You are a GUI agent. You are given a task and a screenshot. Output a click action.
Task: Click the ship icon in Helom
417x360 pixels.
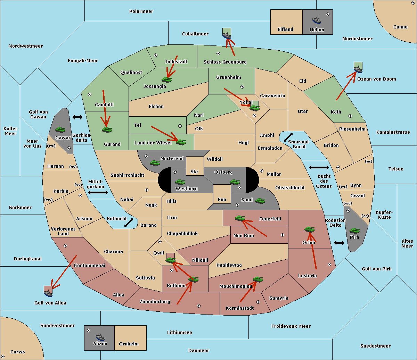317,20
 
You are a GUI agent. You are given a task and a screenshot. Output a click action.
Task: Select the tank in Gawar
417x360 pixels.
60,129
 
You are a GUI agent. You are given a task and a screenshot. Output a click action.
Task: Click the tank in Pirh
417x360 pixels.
354,231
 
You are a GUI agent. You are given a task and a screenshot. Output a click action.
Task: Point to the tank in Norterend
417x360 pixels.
155,163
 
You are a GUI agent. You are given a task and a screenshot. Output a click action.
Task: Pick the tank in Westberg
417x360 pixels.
180,182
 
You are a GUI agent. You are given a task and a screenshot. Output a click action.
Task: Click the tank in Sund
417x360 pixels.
260,201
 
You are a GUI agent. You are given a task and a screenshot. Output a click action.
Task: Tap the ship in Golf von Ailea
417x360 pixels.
48,293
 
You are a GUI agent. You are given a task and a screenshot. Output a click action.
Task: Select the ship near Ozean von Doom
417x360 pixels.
358,69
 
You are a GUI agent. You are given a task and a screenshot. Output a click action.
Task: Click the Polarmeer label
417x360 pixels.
141,11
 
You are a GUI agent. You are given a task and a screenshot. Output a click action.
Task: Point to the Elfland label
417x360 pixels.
285,30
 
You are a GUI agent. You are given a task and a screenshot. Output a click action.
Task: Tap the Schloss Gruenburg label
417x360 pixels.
225,62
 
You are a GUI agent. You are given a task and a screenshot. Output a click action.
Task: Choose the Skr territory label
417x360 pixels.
195,171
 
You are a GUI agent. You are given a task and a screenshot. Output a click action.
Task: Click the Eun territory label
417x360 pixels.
222,199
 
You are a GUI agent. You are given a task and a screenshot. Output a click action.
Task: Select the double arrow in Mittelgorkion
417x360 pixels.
98,192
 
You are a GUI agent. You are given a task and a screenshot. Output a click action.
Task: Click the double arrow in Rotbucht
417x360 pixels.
129,223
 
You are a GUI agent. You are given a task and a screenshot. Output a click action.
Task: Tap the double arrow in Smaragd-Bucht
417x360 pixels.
288,137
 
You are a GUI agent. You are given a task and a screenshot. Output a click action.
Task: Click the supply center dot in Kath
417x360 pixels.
350,116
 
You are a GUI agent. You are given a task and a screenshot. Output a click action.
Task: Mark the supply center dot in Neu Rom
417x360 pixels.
283,235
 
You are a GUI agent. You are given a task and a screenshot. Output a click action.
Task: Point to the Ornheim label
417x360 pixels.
129,344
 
